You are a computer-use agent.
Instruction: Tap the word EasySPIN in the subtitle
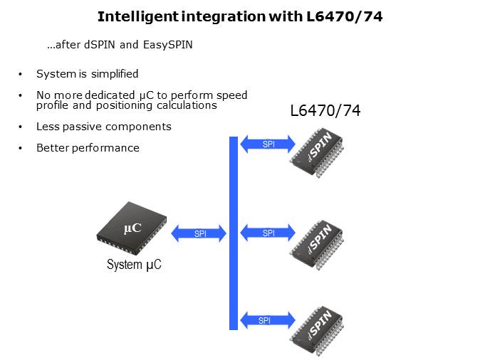168,46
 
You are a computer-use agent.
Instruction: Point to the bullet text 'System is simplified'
87,74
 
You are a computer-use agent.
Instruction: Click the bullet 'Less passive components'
103,127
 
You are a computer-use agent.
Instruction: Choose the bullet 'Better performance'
88,148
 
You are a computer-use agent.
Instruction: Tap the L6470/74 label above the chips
325,112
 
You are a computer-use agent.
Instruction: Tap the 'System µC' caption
134,265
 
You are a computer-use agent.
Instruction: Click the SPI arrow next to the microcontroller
200,233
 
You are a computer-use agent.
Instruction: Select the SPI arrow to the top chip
268,144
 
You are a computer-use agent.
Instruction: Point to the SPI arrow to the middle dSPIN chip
268,233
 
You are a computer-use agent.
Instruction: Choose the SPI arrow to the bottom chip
267,320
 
